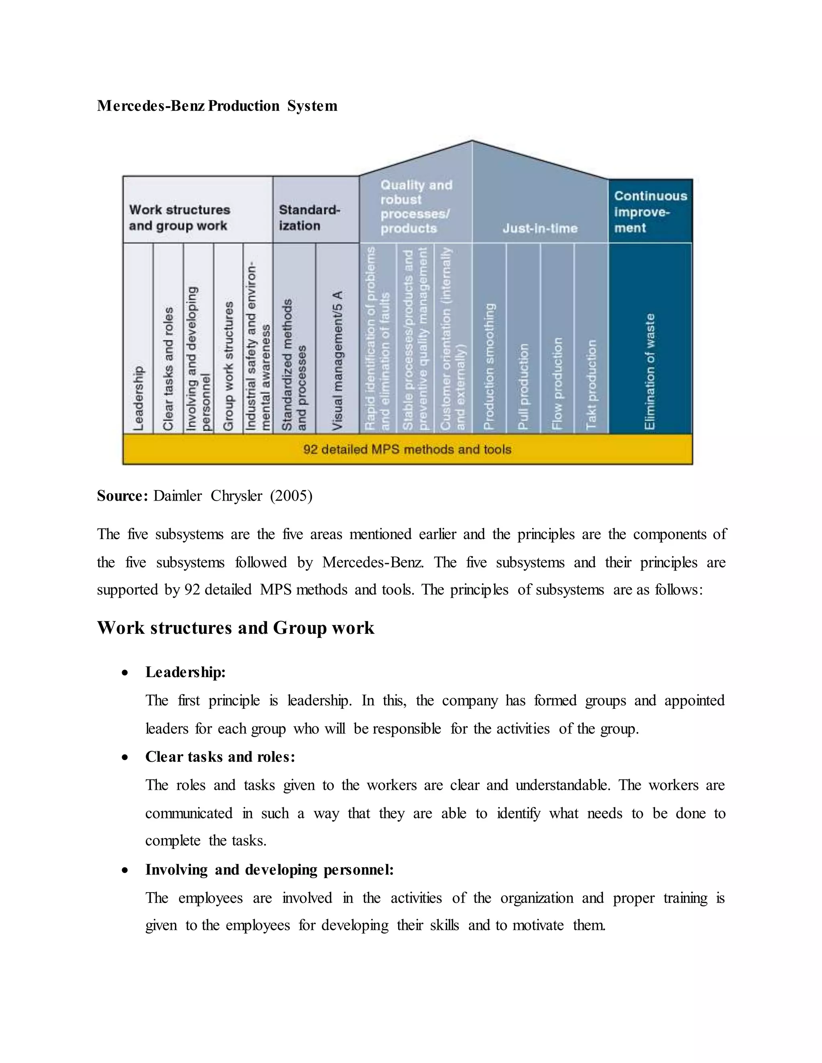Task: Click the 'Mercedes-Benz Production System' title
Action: click(x=217, y=105)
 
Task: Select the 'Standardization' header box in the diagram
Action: click(x=310, y=217)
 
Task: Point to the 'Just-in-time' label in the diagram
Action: click(x=540, y=228)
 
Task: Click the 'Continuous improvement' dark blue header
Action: click(x=650, y=212)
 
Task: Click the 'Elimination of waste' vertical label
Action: click(x=650, y=371)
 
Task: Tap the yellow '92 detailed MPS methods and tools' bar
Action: click(x=407, y=449)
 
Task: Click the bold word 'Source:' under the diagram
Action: click(x=122, y=495)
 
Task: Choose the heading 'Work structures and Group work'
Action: click(x=236, y=628)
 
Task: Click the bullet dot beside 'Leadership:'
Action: click(x=125, y=673)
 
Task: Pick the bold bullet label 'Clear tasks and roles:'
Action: click(x=220, y=757)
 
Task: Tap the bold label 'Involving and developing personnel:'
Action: click(x=269, y=870)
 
